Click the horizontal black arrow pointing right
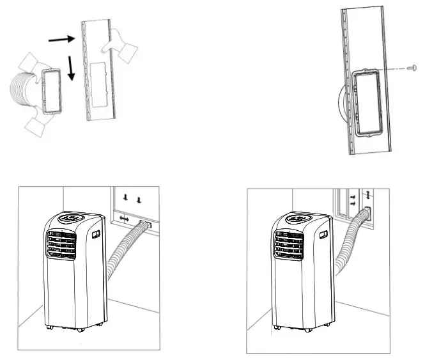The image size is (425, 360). pyautogui.click(x=62, y=40)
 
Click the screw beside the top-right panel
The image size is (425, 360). pyautogui.click(x=413, y=67)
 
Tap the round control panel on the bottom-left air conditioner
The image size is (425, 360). pyautogui.click(x=68, y=218)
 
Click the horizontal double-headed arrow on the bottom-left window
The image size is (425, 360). pyautogui.click(x=124, y=219)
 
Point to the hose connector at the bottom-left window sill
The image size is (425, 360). pyautogui.click(x=146, y=224)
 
